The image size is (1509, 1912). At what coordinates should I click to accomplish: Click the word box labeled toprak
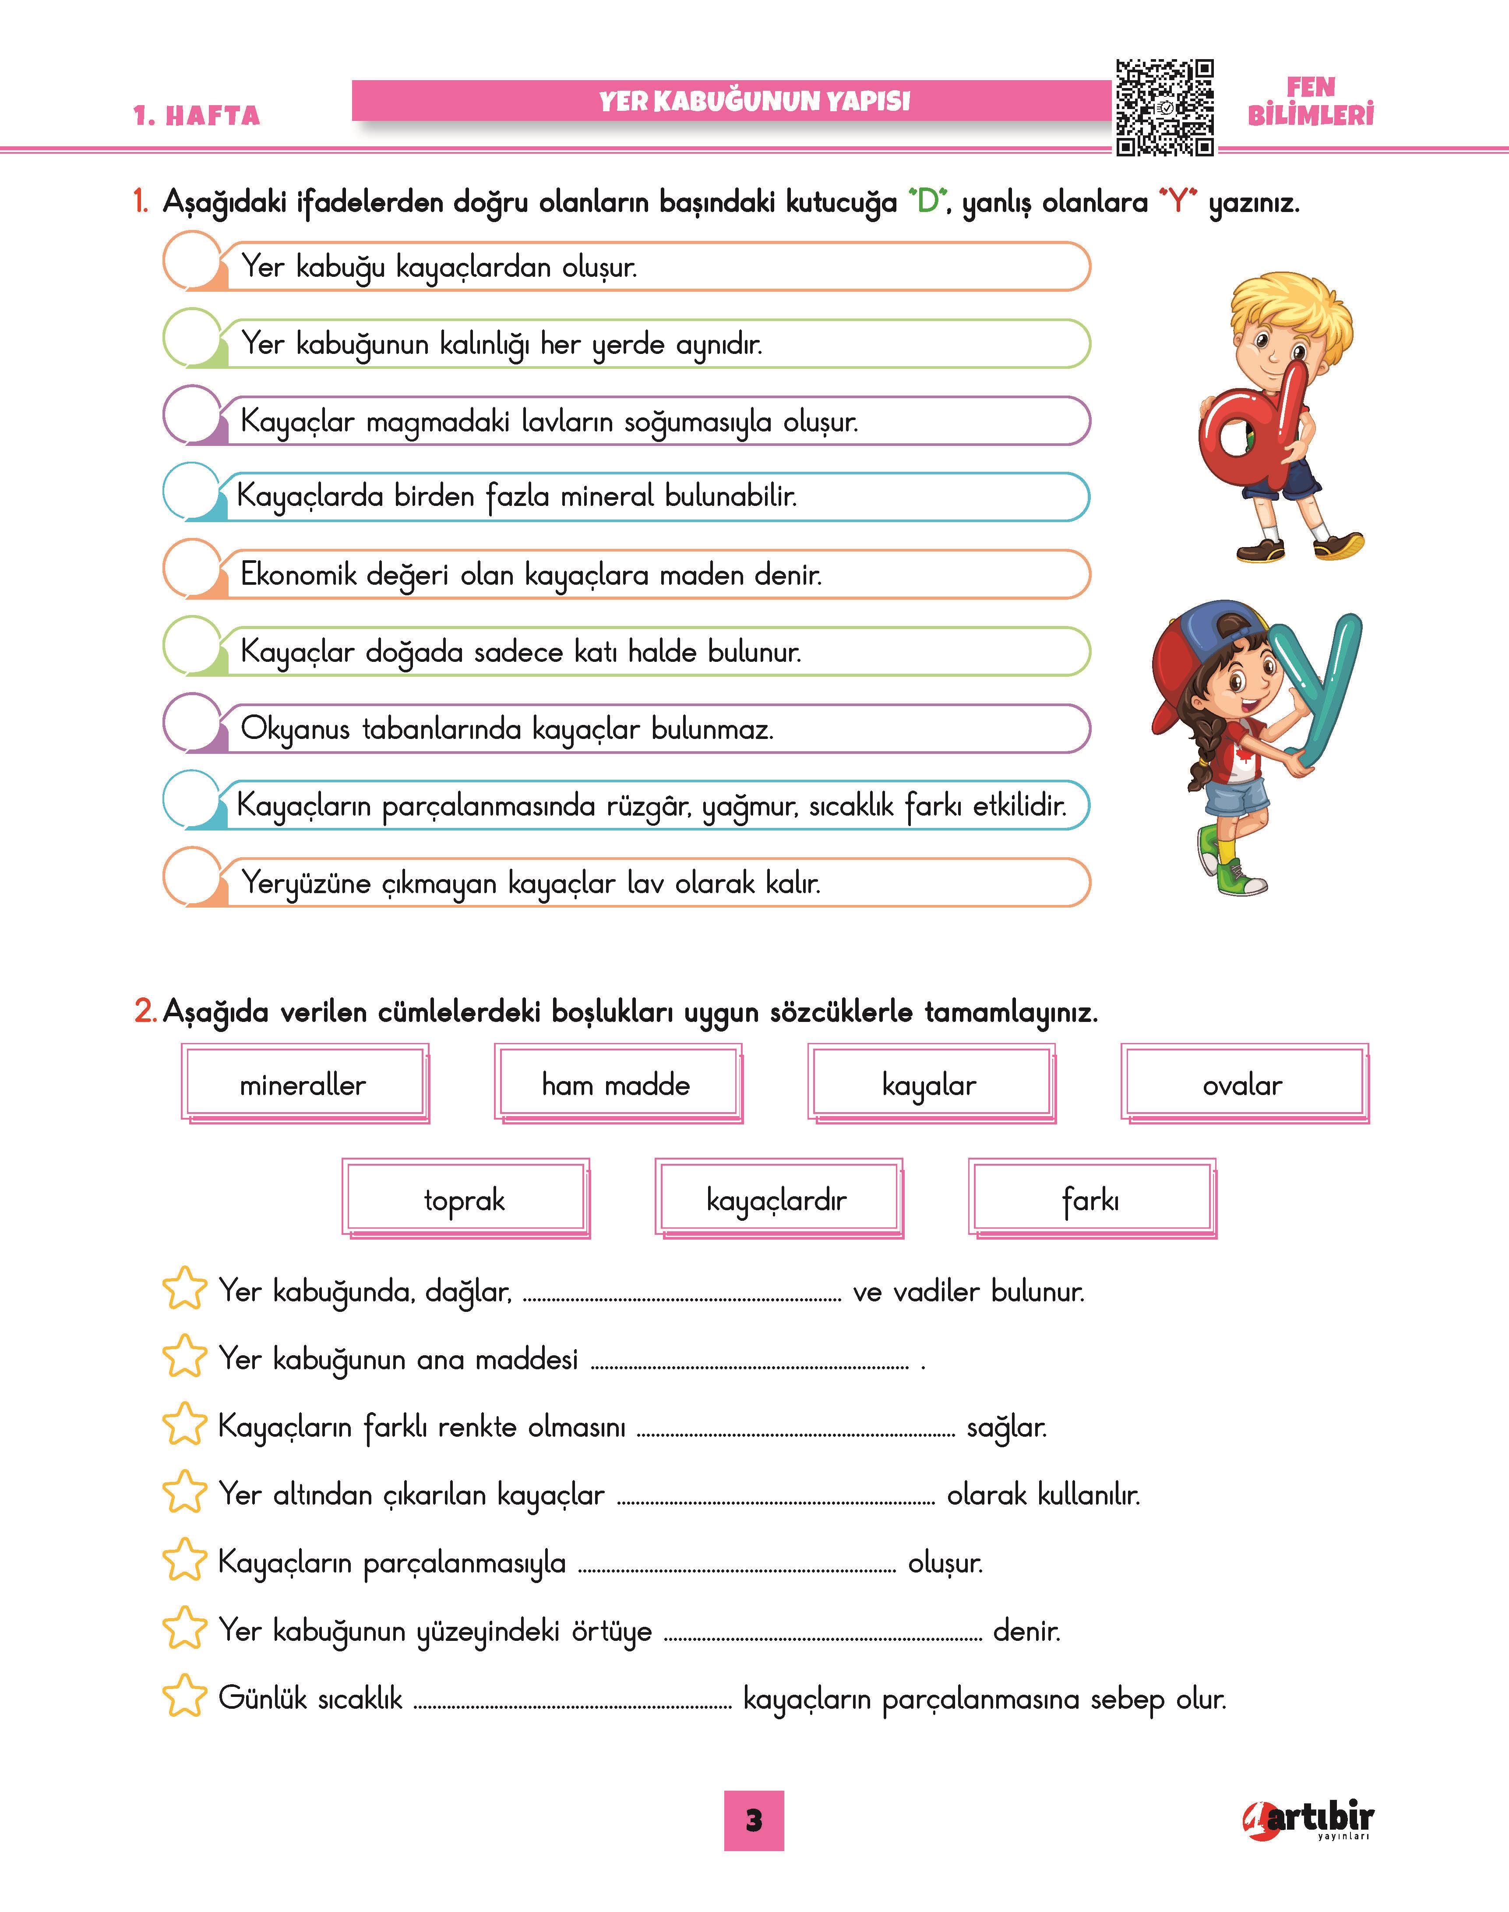click(464, 1199)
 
